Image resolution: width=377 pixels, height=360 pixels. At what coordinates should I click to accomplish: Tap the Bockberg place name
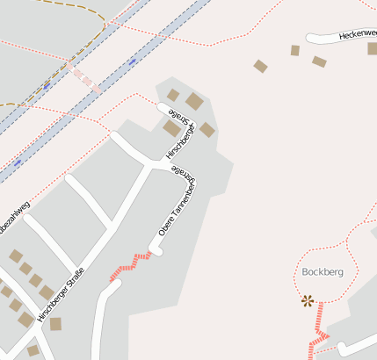click(x=322, y=271)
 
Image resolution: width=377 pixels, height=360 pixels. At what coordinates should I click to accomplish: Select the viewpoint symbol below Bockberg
click(x=308, y=300)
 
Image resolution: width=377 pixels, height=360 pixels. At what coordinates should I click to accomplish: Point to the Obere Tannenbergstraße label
click(x=178, y=203)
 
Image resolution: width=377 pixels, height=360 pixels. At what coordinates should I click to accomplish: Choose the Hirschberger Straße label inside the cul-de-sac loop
click(x=178, y=133)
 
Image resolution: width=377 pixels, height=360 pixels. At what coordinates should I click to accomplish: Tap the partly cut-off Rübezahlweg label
click(x=14, y=218)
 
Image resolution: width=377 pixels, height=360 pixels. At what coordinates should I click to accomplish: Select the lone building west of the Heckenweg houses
click(x=260, y=66)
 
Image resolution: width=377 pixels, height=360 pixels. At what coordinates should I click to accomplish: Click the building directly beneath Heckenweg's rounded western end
click(x=295, y=50)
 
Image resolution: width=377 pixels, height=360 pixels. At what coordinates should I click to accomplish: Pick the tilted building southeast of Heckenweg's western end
click(x=319, y=61)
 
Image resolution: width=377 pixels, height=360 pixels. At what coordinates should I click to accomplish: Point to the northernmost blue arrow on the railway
click(x=132, y=61)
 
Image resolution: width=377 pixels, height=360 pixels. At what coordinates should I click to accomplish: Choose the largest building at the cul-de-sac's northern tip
click(x=194, y=101)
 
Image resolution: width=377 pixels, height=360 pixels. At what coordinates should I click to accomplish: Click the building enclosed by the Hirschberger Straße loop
click(x=171, y=128)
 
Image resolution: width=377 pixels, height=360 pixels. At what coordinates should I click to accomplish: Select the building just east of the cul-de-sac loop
click(x=207, y=130)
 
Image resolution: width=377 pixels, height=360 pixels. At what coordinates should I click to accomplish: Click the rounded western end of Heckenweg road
click(x=310, y=38)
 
